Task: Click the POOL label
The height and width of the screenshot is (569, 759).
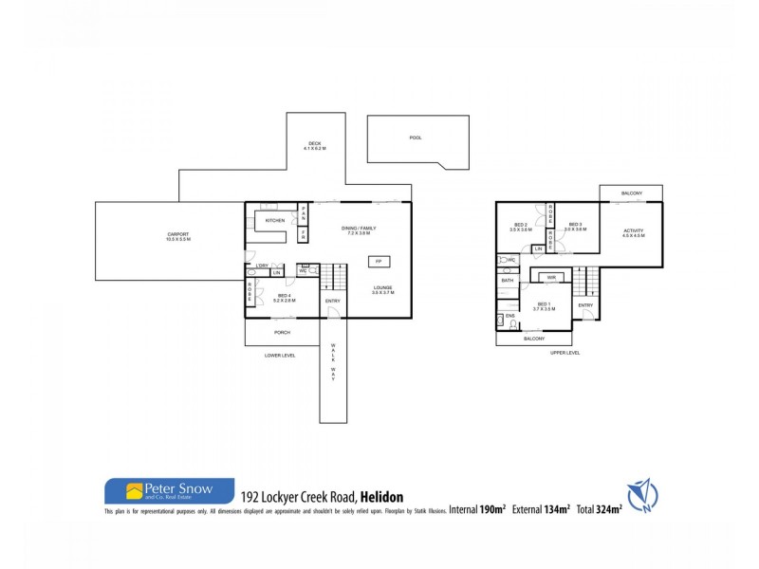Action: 416,138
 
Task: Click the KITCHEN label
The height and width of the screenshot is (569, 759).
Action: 275,220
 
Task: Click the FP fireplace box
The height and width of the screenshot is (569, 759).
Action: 378,261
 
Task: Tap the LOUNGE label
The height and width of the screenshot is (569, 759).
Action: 383,289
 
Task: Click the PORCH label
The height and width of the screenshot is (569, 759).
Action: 282,333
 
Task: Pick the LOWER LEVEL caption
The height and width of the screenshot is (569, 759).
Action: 280,356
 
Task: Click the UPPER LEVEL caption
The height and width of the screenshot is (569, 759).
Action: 565,353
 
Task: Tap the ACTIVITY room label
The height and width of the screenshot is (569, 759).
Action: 633,232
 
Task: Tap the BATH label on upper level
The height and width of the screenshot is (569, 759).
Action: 508,281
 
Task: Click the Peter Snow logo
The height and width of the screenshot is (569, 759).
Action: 169,490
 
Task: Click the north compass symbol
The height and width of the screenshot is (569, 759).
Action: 640,493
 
